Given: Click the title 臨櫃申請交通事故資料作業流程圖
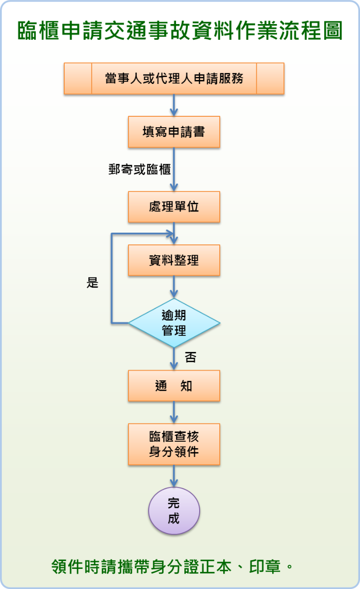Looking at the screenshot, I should pos(180,31).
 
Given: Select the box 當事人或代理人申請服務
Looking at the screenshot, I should pos(174,79).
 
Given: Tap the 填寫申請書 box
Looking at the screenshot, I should pos(174,132).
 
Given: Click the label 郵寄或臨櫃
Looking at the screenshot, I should pos(139,169).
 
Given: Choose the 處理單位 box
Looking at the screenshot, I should pos(174,207).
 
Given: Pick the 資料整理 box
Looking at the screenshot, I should pos(174,260).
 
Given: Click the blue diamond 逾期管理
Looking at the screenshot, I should pos(174,323).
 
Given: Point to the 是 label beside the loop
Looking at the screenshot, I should pos(92,283).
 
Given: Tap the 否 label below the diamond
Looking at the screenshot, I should pos(190,357).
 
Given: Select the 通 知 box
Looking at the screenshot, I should pos(174,386).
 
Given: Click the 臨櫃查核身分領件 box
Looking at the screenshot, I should pos(174,444).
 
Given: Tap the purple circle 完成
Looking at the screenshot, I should pos(174,510).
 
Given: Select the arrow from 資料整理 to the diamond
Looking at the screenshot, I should pos(174,287).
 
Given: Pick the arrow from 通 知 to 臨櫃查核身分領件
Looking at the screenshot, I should pos(174,412).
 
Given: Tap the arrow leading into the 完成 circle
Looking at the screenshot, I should pos(174,476).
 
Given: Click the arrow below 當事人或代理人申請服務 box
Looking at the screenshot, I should pos(174,105).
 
